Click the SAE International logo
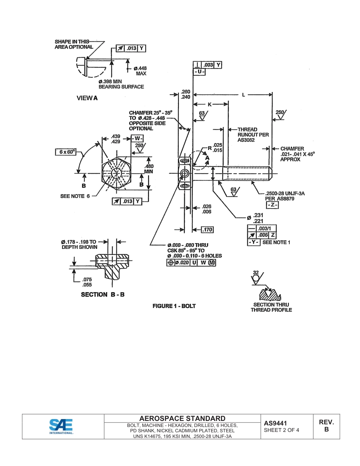[x=61, y=426]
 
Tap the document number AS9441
[x=275, y=423]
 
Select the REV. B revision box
[x=326, y=426]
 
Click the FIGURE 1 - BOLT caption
[x=174, y=306]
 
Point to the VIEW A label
[x=87, y=98]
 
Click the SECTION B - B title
[x=103, y=294]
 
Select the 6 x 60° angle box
[x=66, y=152]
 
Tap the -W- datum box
[x=137, y=138]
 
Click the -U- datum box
[x=199, y=72]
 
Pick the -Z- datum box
[x=272, y=205]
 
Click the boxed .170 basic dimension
[x=207, y=230]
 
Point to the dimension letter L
[x=243, y=95]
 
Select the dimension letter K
[x=210, y=104]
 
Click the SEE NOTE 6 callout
[x=75, y=196]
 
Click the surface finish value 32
[x=256, y=272]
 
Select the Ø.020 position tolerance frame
[x=191, y=263]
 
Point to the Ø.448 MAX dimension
[x=140, y=71]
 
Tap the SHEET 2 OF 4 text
[x=281, y=430]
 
